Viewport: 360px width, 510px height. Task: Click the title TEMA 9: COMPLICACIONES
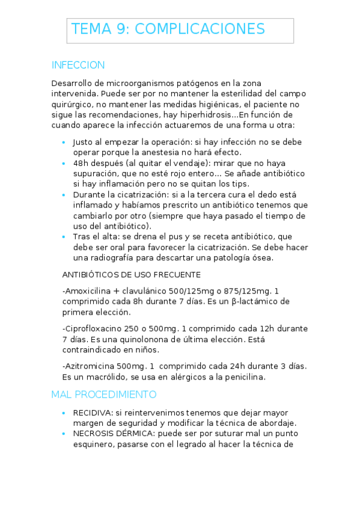(x=168, y=29)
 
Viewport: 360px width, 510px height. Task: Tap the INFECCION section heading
(x=78, y=65)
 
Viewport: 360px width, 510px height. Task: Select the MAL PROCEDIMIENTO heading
(x=103, y=395)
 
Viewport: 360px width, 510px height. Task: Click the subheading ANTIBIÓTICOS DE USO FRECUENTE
(x=131, y=275)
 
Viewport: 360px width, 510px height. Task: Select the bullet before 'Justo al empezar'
(x=64, y=143)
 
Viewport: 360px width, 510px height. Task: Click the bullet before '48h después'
(x=64, y=164)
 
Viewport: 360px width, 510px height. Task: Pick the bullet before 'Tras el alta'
(x=64, y=237)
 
